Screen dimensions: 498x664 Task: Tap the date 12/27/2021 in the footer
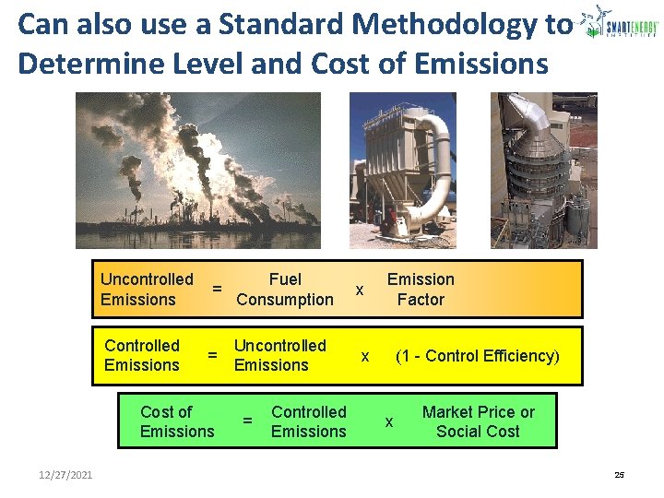[x=65, y=475]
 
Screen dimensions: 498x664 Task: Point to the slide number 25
[x=619, y=475]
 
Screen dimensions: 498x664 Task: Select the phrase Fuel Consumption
[x=285, y=289]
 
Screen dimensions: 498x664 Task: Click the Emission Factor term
[x=421, y=289]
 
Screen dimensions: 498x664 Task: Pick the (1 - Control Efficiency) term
[x=477, y=356]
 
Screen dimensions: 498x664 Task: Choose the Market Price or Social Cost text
[x=478, y=421]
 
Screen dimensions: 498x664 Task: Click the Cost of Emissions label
[x=177, y=421]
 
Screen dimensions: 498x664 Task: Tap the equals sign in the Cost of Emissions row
[x=247, y=421]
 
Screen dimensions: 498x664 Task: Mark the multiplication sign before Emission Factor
[x=360, y=290]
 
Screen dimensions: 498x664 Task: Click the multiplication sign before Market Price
[x=389, y=422]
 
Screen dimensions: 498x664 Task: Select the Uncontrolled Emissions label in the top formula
[x=147, y=289]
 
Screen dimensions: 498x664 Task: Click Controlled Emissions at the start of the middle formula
[x=142, y=355]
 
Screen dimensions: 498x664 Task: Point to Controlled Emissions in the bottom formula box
[x=309, y=421]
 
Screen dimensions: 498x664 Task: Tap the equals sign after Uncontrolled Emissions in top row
[x=217, y=289]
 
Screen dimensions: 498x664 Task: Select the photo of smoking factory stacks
[x=198, y=171]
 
